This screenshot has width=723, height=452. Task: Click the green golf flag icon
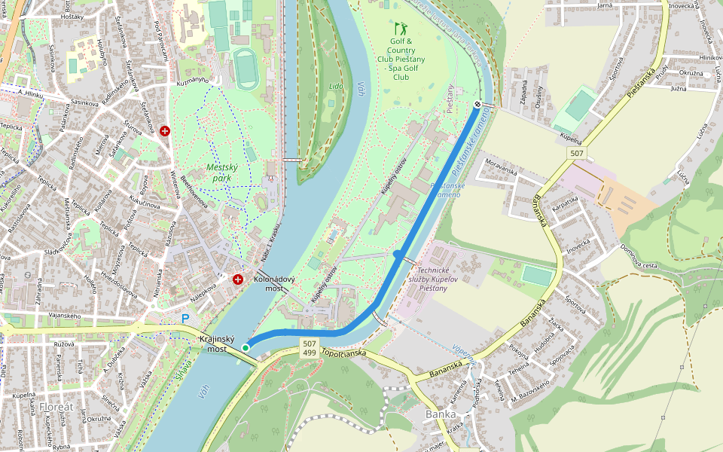tap(400, 29)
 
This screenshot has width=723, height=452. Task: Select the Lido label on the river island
tap(335, 87)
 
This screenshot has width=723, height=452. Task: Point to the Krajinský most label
tap(217, 344)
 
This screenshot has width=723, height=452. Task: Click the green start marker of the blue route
tap(246, 347)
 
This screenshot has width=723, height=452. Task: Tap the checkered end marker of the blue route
tap(477, 105)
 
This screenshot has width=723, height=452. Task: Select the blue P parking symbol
tap(185, 319)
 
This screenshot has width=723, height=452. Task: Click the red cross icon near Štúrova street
tap(165, 131)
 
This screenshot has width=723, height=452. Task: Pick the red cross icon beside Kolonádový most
tap(238, 279)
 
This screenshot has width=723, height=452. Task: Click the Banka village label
tap(441, 414)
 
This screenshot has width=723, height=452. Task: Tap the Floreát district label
tap(57, 407)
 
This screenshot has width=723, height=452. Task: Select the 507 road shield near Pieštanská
tap(576, 154)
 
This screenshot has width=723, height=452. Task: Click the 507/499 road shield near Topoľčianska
tap(309, 347)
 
